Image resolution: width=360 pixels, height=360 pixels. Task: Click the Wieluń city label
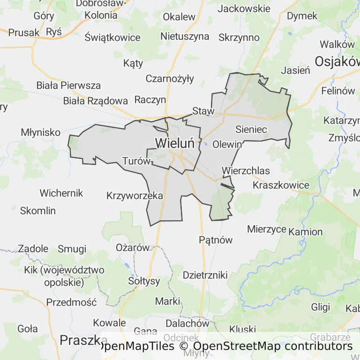pos(174,142)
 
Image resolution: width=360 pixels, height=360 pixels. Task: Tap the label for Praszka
pos(81,340)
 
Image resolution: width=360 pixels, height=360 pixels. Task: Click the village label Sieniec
pos(251,129)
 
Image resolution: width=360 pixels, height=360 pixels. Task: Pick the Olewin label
pos(227,144)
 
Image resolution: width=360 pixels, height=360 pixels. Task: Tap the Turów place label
pos(136,161)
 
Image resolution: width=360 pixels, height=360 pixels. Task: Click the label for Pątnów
pos(216,240)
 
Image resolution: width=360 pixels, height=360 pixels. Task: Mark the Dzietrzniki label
pos(205,275)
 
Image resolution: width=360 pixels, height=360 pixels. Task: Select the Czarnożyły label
pos(169,78)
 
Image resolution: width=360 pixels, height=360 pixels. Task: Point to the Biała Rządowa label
pos(96,100)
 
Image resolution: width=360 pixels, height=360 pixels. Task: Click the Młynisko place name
pos(41,133)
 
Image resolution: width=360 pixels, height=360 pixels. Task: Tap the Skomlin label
pos(37,210)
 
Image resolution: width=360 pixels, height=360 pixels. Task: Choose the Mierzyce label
pos(267,229)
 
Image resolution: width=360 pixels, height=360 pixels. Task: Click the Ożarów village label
pos(132,247)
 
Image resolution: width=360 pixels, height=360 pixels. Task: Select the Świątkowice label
pos(113,37)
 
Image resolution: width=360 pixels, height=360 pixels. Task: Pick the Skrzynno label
pos(239,37)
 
